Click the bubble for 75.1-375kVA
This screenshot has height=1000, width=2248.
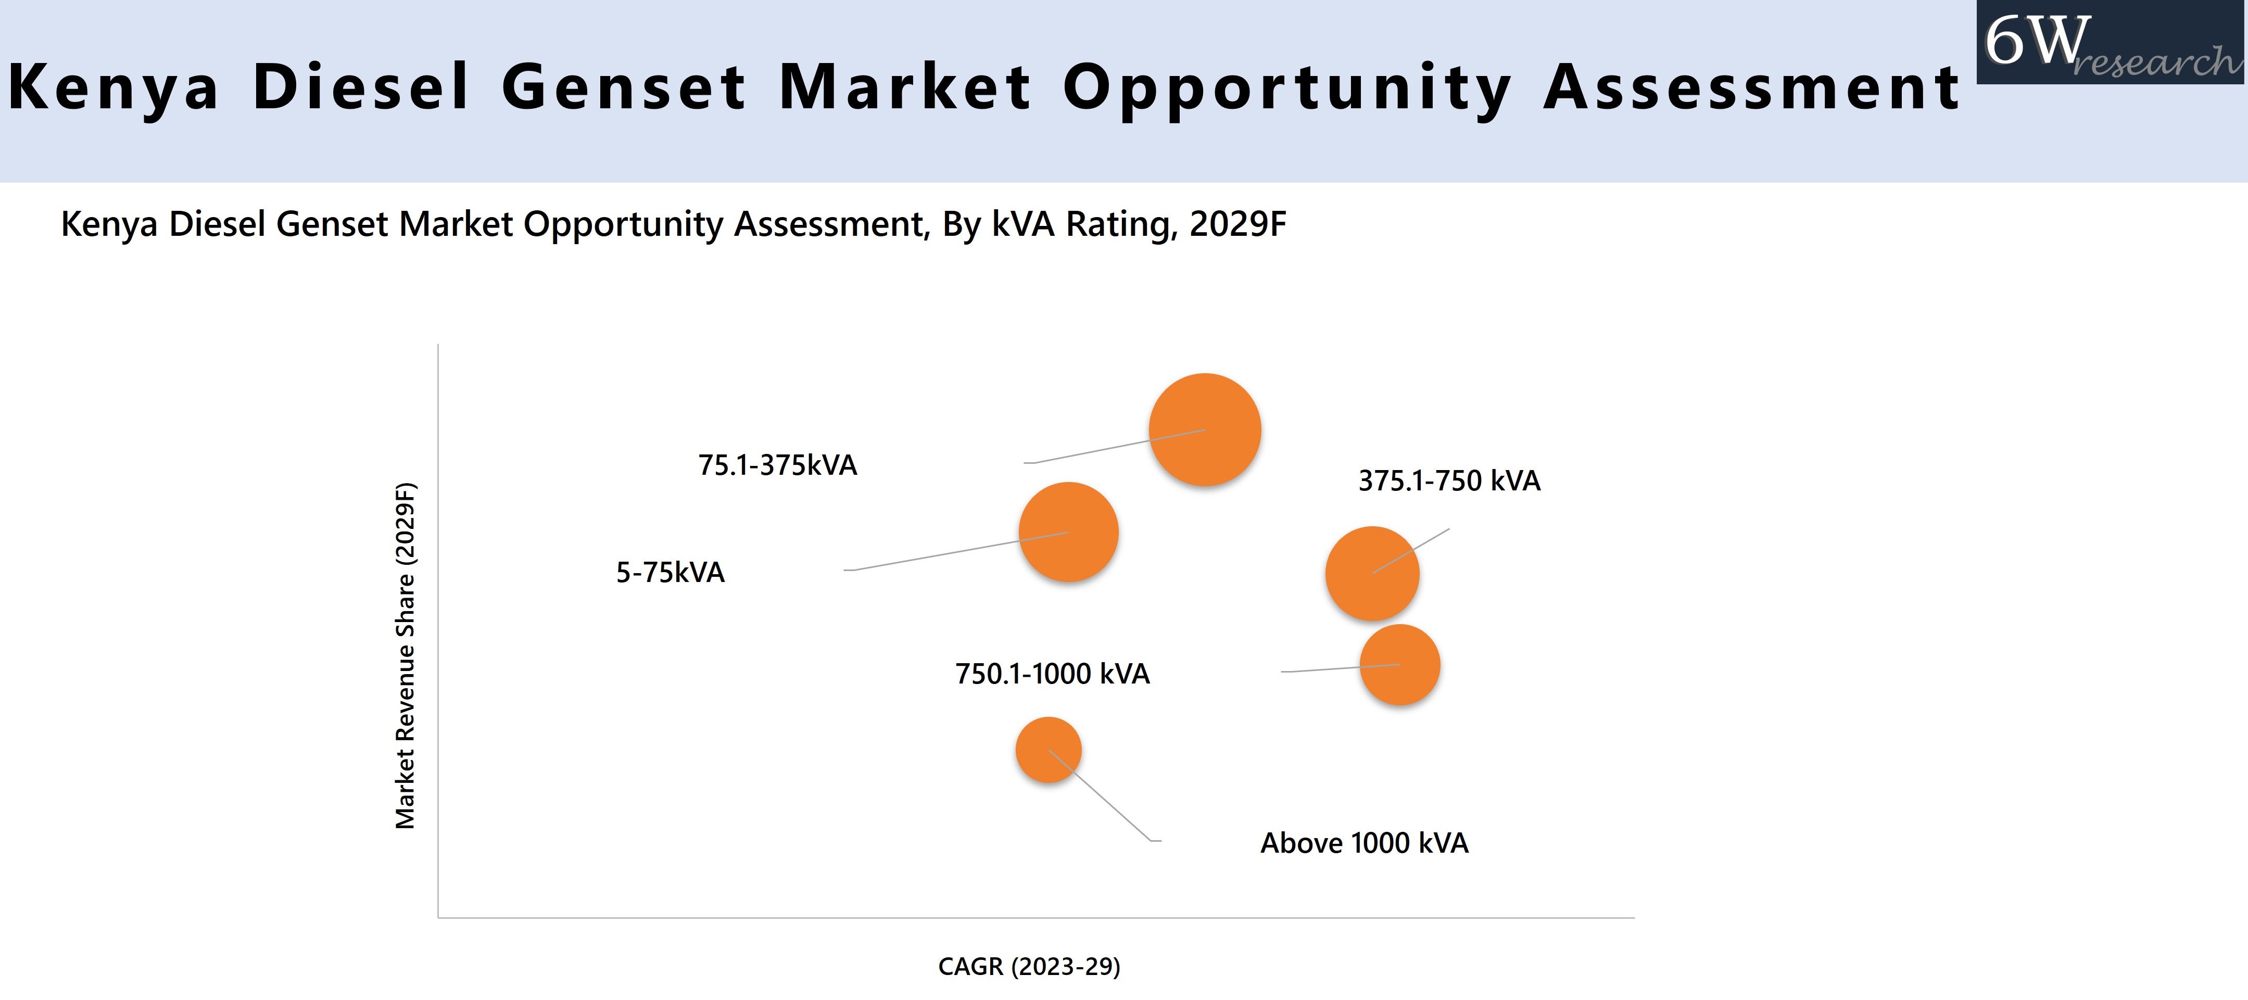(x=1204, y=429)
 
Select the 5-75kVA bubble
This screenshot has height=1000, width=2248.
(x=1068, y=531)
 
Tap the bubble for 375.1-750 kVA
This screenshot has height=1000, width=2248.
(x=1372, y=573)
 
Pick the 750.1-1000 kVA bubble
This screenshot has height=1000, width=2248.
(x=1400, y=665)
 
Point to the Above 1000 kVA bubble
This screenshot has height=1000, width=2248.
(x=1048, y=750)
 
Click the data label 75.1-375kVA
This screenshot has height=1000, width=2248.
(x=778, y=465)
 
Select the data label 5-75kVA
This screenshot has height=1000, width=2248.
(x=670, y=573)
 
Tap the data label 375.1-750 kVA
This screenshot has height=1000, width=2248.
(x=1449, y=481)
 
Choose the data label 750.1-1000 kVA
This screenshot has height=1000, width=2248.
(x=1053, y=674)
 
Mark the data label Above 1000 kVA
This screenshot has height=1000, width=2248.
(x=1364, y=843)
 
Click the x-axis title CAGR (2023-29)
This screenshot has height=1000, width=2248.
(x=1029, y=966)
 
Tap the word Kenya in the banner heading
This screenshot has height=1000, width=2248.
(x=113, y=87)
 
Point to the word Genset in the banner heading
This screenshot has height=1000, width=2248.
(x=624, y=87)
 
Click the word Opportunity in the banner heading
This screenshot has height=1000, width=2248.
(x=1287, y=87)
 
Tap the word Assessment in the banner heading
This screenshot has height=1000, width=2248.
(x=1752, y=87)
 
